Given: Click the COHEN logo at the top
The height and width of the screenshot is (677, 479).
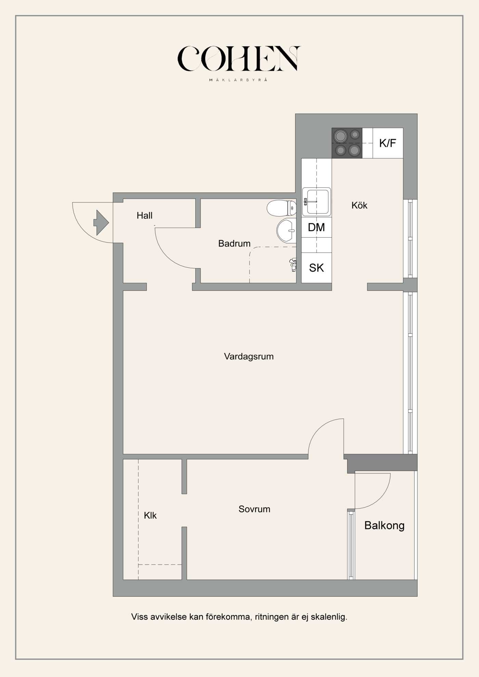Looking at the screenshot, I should [238, 59].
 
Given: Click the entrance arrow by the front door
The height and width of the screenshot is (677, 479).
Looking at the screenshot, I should [101, 223].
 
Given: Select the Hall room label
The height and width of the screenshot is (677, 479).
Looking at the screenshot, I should [144, 216].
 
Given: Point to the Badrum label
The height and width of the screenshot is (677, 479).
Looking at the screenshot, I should [234, 243].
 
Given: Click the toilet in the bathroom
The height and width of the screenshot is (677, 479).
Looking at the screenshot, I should [281, 208].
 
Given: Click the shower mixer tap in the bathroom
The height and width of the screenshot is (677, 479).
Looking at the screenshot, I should [293, 265].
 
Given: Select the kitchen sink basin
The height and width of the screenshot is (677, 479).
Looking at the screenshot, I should [317, 202].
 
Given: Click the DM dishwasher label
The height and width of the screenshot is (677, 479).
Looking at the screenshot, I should [316, 227].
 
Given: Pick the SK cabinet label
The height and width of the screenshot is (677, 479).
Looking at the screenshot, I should [316, 268].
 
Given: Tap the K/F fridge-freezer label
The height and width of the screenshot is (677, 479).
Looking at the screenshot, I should [387, 143].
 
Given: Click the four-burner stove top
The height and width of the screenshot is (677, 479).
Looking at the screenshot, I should [347, 143].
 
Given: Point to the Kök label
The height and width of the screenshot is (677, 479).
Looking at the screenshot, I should [359, 205].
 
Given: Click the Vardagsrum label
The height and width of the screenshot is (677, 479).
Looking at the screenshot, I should [249, 357].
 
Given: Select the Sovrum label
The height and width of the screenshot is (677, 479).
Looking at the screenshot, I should [254, 509].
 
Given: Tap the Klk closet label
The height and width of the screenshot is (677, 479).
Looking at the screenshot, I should [150, 515].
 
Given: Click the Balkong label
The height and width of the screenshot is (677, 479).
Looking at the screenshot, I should [384, 526].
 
